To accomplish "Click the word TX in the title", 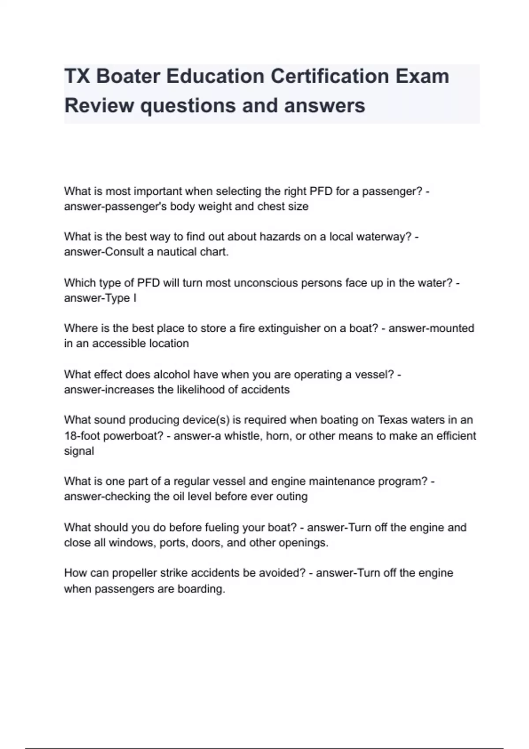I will (77, 76).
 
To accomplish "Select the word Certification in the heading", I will (329, 76).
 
